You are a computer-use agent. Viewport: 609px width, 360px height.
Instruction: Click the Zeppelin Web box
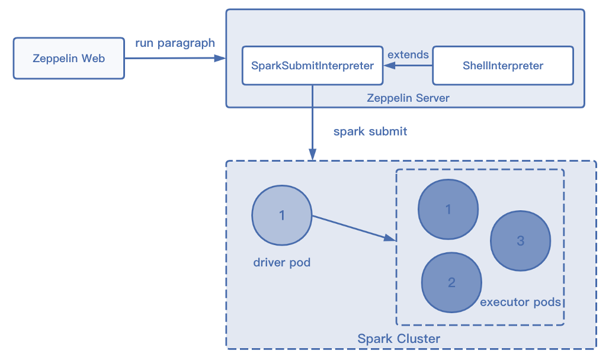(x=69, y=59)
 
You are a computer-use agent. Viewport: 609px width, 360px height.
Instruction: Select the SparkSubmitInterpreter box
(x=312, y=66)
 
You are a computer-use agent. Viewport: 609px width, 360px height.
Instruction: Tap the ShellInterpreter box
(x=503, y=66)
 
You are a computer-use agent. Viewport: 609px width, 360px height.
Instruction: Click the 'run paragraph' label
(x=175, y=43)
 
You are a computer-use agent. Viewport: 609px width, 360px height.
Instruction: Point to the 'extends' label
(x=408, y=54)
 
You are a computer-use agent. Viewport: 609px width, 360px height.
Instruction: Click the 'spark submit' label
(x=370, y=131)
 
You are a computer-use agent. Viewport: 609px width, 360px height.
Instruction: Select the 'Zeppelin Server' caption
(x=408, y=98)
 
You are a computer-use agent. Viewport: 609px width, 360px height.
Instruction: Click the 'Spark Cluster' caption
(x=399, y=339)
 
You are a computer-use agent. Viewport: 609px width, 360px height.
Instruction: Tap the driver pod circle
(x=282, y=216)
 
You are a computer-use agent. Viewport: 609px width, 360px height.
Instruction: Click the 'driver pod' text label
(x=282, y=262)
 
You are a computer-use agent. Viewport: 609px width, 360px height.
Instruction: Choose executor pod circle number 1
(x=448, y=209)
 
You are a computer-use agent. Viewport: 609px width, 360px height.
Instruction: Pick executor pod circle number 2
(x=451, y=282)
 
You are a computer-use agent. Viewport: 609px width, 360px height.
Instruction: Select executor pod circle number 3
(x=521, y=240)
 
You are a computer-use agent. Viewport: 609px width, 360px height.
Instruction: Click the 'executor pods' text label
(x=521, y=302)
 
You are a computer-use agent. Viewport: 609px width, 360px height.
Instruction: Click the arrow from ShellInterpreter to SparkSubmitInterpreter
(x=408, y=66)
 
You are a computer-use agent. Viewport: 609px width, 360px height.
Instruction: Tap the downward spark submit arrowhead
(x=312, y=155)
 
